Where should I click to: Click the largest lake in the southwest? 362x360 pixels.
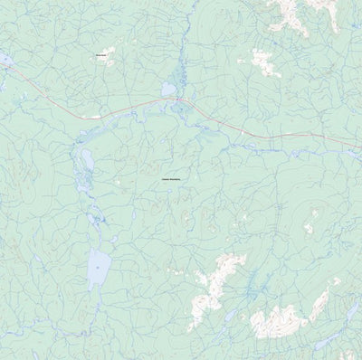tap(98, 268)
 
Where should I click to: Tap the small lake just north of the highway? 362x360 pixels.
tap(168, 90)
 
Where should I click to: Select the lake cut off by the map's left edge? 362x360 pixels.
tap(4, 62)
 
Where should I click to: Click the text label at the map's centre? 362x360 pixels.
tap(170, 182)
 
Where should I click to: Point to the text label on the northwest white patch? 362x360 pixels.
tap(101, 55)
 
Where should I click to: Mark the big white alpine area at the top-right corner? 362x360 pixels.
tap(294, 14)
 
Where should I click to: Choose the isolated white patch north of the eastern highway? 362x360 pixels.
tap(263, 62)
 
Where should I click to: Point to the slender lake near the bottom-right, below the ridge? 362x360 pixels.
tap(326, 340)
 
